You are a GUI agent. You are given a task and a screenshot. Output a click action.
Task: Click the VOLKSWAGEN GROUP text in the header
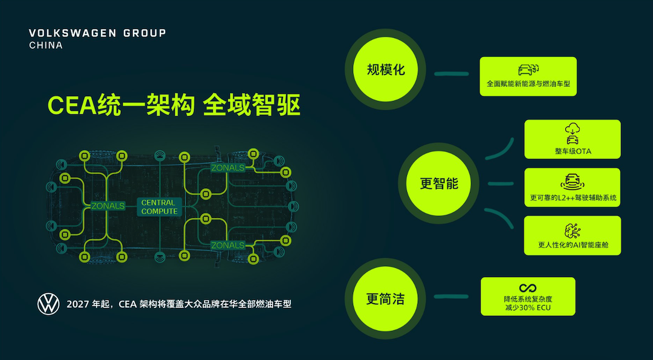click(97, 33)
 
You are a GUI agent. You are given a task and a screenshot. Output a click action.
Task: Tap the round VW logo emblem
click(48, 304)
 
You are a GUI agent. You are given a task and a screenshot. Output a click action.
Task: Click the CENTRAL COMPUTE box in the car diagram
click(160, 207)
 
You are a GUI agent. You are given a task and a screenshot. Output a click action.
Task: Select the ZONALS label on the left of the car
click(108, 206)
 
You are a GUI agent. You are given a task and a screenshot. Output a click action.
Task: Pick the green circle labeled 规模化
click(386, 70)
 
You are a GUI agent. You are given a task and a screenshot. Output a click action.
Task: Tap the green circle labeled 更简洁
click(385, 298)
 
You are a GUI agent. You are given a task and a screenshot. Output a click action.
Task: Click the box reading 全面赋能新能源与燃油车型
click(528, 76)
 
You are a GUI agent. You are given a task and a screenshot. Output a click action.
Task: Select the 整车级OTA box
click(572, 139)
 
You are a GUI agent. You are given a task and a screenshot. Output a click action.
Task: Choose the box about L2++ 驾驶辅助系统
click(572, 188)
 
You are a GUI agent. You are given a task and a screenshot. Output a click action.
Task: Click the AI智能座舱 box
click(572, 235)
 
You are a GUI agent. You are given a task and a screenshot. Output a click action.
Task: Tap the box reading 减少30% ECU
click(528, 296)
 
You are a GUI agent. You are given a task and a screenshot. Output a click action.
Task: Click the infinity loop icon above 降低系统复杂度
click(528, 287)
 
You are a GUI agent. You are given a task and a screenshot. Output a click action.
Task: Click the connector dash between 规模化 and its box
click(452, 74)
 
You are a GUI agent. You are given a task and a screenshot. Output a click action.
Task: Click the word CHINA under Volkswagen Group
click(46, 45)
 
